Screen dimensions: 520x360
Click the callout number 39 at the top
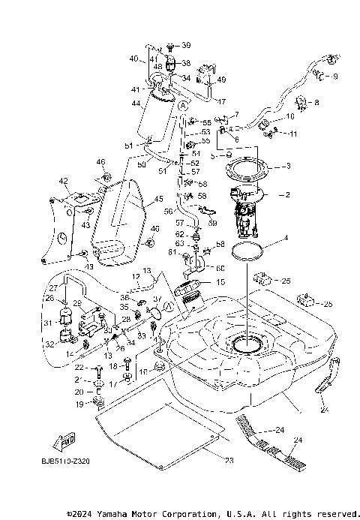pyautogui.click(x=186, y=46)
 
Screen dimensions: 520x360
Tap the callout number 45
pyautogui.click(x=158, y=200)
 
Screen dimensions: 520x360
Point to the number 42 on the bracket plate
pyautogui.click(x=64, y=181)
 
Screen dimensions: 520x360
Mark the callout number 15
pyautogui.click(x=220, y=282)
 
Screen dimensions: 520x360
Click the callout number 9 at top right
pyautogui.click(x=335, y=76)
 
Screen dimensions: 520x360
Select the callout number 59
pyautogui.click(x=213, y=223)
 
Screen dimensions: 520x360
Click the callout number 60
pyautogui.click(x=220, y=266)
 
